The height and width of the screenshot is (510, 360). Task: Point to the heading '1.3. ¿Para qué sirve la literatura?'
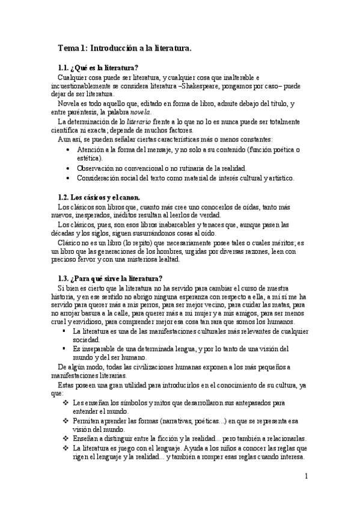coord(110,278)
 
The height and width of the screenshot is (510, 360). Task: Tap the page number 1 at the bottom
coord(306,476)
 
